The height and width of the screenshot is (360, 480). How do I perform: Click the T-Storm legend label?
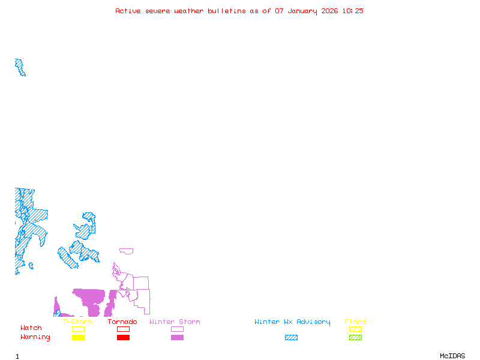click(x=77, y=322)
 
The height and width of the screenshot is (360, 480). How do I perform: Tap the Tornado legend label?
click(x=122, y=322)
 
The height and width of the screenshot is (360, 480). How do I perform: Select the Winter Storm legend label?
click(x=175, y=322)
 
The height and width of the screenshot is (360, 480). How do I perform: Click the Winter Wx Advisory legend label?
click(x=292, y=322)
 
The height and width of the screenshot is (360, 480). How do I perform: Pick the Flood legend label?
click(x=355, y=322)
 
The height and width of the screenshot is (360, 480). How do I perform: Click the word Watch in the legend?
click(x=31, y=328)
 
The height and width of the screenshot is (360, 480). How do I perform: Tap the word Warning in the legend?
click(x=35, y=337)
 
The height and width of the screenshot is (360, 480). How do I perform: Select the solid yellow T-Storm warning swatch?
click(x=78, y=338)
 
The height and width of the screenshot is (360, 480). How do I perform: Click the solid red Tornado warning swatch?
click(x=123, y=338)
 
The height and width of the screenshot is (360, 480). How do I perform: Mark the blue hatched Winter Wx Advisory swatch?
click(x=291, y=338)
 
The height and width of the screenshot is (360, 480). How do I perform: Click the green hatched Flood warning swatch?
click(x=355, y=338)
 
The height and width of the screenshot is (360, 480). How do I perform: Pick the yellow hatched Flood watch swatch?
click(x=355, y=329)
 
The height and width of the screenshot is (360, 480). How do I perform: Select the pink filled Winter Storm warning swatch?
click(x=177, y=338)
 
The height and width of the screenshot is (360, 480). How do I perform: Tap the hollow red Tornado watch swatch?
click(x=123, y=329)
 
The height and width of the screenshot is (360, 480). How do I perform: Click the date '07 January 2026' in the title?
click(x=307, y=11)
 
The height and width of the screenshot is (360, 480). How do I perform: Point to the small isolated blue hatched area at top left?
click(x=20, y=67)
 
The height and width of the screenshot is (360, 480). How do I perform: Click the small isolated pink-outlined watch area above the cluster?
click(x=127, y=251)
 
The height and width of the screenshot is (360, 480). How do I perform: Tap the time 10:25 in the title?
click(x=353, y=11)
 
